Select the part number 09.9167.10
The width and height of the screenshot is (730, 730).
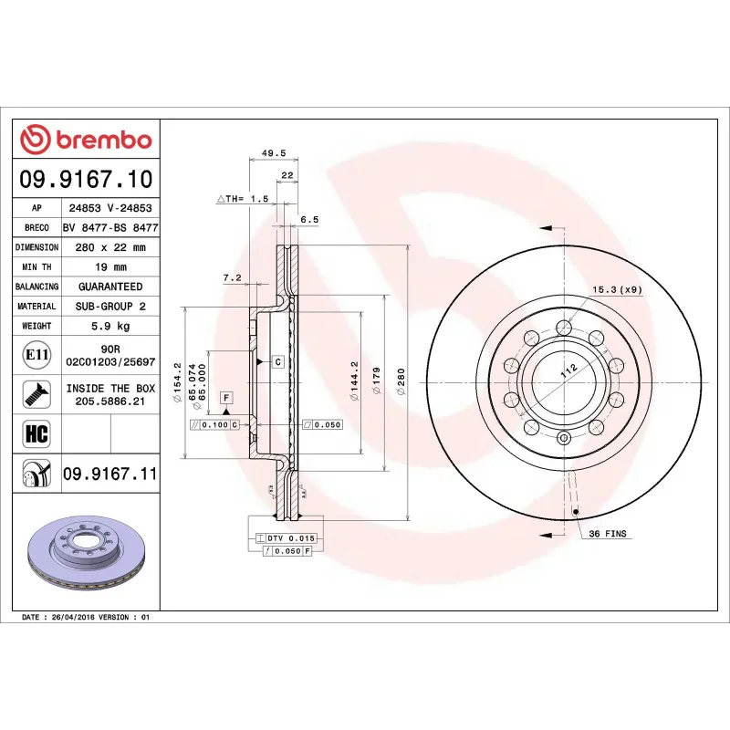85,179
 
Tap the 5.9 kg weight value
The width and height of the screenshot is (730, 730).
110,326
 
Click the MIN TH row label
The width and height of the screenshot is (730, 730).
36,266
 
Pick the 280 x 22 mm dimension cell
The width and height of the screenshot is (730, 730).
110,247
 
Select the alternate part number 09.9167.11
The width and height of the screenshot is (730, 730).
110,474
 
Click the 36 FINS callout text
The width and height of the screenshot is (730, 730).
607,533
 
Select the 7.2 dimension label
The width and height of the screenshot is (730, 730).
231,276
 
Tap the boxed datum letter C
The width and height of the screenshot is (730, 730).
276,362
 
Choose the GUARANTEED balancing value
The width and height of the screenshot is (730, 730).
110,287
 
